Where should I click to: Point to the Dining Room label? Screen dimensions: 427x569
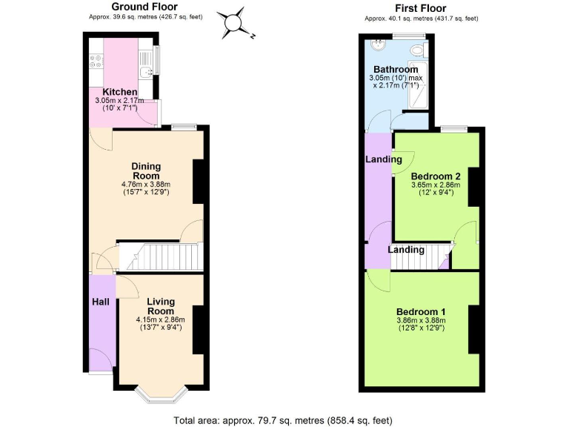pyautogui.click(x=146, y=171)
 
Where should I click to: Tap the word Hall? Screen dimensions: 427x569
pyautogui.click(x=101, y=302)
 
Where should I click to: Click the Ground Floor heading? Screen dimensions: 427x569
pyautogui.click(x=139, y=7)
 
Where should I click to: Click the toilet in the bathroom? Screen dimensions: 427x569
pyautogui.click(x=419, y=50)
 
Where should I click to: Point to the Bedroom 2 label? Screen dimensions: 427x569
pyautogui.click(x=436, y=176)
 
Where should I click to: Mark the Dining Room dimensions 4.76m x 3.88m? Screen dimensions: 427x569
pyautogui.click(x=146, y=185)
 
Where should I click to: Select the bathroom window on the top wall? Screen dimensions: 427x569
pyautogui.click(x=409, y=36)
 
